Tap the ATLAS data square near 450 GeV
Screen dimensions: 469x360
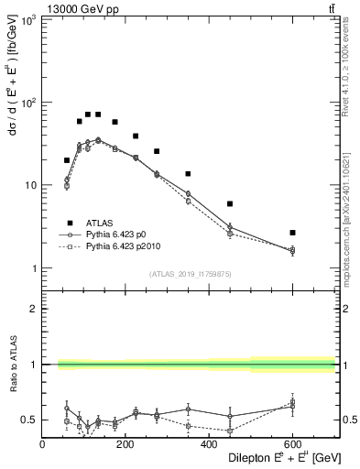click(230, 203)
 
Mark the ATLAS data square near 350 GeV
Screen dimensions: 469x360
click(188, 174)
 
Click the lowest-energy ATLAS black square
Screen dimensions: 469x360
click(67, 160)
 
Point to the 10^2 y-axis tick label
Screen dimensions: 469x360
click(27, 103)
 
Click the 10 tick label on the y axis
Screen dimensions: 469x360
click(31, 186)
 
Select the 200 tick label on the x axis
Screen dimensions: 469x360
click(125, 444)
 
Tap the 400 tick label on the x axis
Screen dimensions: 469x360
click(208, 444)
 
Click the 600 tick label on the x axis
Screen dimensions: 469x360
click(291, 444)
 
